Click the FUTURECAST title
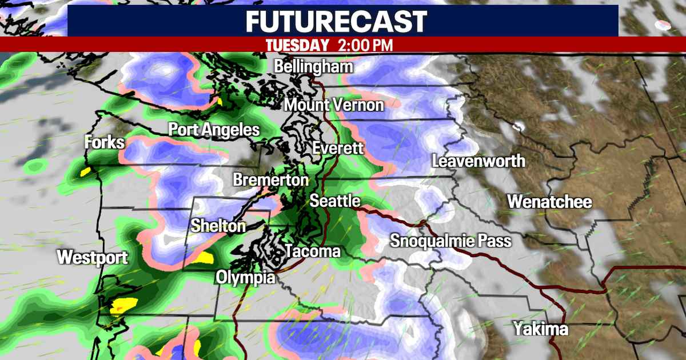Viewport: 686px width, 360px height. click(337, 21)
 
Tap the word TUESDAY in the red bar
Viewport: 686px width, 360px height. click(297, 45)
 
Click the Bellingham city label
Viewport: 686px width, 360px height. click(313, 66)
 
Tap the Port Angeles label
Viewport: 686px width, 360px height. click(214, 130)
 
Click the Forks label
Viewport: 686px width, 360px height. click(104, 142)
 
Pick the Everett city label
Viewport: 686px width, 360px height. click(338, 149)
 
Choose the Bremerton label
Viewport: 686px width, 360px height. click(270, 180)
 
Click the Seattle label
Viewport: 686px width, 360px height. click(335, 201)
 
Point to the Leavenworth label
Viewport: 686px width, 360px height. click(478, 161)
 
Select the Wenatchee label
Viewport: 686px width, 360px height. click(549, 202)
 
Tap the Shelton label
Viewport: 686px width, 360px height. click(218, 226)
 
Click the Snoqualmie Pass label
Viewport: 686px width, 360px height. click(450, 241)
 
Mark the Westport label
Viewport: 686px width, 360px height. click(93, 258)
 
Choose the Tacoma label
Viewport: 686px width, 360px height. click(312, 251)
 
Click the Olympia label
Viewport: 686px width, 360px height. click(245, 278)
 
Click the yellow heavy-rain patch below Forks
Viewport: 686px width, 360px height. click(86, 171)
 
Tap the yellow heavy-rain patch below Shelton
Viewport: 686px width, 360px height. click(203, 257)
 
